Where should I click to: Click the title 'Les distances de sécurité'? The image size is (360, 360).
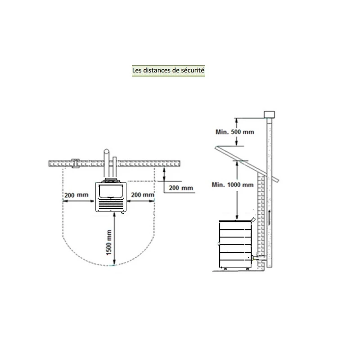click(168, 70)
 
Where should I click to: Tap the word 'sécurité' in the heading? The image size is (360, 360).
click(193, 70)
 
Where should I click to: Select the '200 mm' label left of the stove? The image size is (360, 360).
click(76, 195)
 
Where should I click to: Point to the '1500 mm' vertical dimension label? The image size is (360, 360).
click(109, 243)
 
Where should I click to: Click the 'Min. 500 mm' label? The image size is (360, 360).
click(234, 132)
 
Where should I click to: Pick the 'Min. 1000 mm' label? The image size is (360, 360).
click(233, 185)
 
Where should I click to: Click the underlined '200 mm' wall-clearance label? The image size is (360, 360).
click(181, 188)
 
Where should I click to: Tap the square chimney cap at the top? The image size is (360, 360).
click(269, 115)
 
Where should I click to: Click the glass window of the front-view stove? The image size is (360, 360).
click(111, 191)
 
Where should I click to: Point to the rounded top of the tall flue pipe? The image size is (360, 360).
click(106, 151)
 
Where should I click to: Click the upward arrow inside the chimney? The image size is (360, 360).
click(269, 217)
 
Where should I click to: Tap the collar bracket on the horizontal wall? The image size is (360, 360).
click(76, 163)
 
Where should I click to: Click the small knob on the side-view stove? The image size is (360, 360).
click(218, 243)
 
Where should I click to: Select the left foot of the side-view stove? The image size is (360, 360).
click(225, 269)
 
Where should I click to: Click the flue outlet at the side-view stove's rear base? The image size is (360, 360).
click(254, 258)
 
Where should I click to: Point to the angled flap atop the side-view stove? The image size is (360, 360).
click(253, 220)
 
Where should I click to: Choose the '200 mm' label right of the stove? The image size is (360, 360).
click(143, 195)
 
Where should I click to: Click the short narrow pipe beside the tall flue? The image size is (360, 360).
click(115, 168)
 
